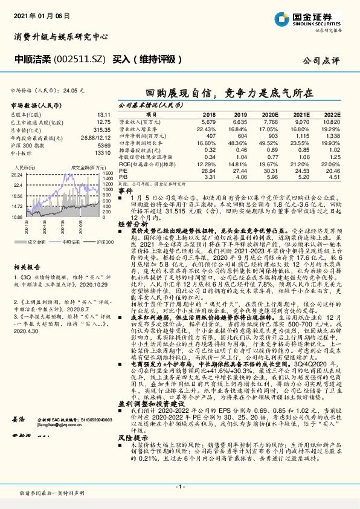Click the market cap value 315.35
point(101,130)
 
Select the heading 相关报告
point(27,265)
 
